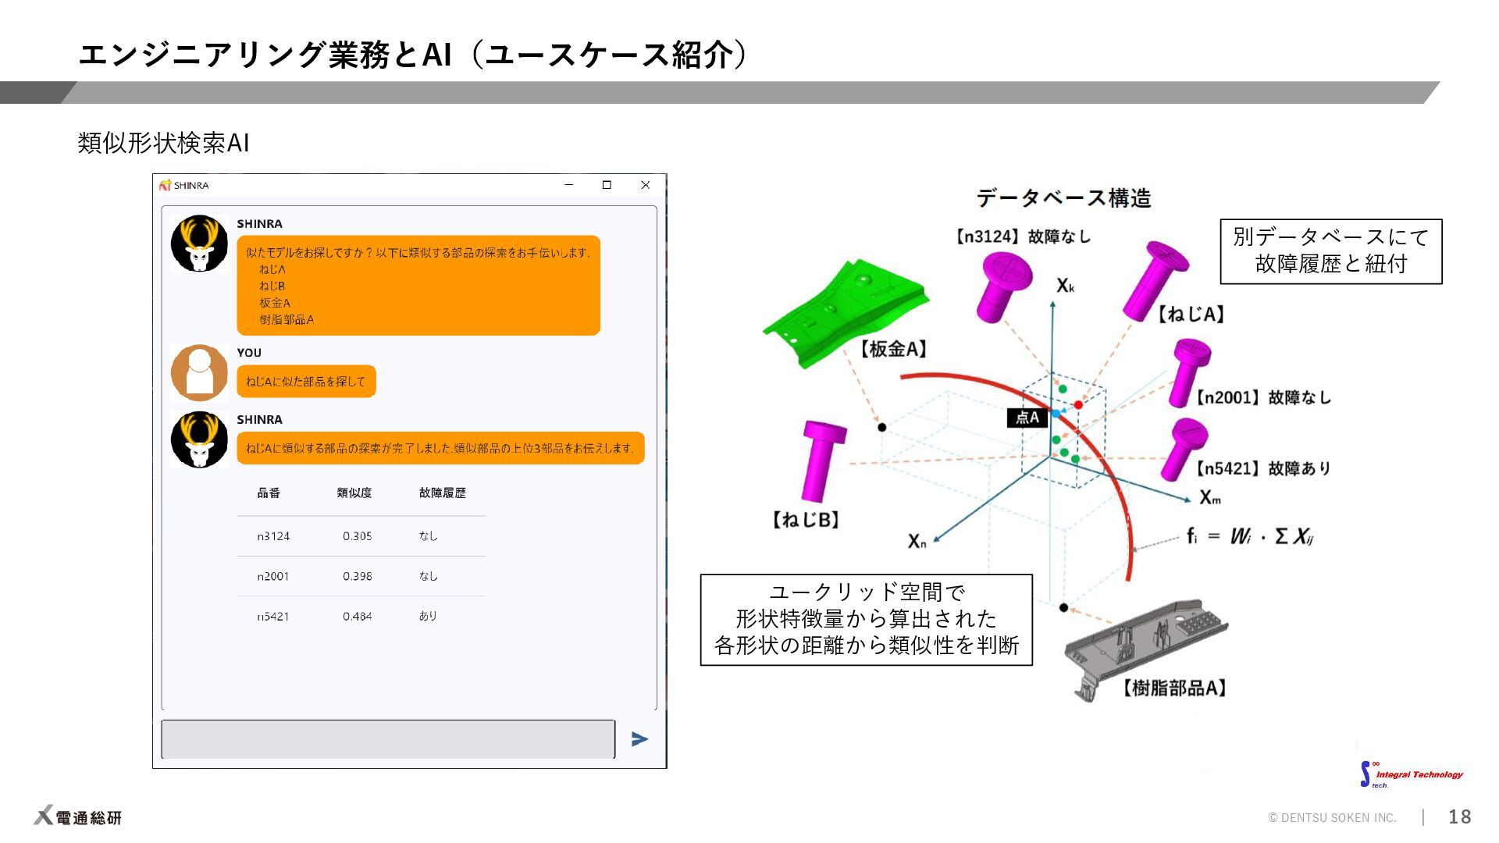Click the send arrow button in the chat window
639,738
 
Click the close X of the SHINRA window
645,185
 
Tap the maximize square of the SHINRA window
607,185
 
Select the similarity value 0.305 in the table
357,536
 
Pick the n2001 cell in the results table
273,577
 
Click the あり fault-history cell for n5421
428,617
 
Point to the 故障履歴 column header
442,493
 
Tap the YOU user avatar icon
199,373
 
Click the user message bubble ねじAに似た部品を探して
306,382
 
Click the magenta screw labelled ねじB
823,461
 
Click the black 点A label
1027,418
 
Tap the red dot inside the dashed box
1078,404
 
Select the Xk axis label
1066,286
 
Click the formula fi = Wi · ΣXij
1250,536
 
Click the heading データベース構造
1063,198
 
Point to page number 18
1459,816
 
